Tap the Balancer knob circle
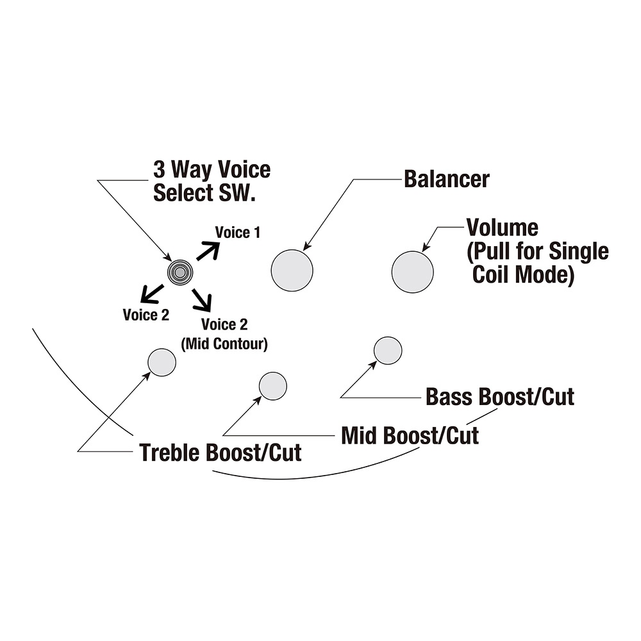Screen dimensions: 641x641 pyautogui.click(x=292, y=270)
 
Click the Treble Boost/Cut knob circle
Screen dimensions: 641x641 pyautogui.click(x=162, y=362)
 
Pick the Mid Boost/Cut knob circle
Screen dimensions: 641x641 pyautogui.click(x=273, y=387)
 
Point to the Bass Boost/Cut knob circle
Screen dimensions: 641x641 pyautogui.click(x=388, y=350)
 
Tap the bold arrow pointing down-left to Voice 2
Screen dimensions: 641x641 pyautogui.click(x=152, y=293)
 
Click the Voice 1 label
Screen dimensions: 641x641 pyautogui.click(x=237, y=232)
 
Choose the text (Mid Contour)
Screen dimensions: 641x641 pyautogui.click(x=224, y=344)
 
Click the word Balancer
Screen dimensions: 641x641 pyautogui.click(x=446, y=179)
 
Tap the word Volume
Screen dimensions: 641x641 pyautogui.click(x=502, y=227)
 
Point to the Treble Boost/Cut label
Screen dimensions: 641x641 pyautogui.click(x=221, y=453)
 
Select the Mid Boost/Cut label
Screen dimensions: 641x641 pyautogui.click(x=410, y=436)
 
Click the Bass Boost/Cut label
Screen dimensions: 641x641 pyautogui.click(x=500, y=396)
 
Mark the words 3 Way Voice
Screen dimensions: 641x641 pyautogui.click(x=212, y=170)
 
